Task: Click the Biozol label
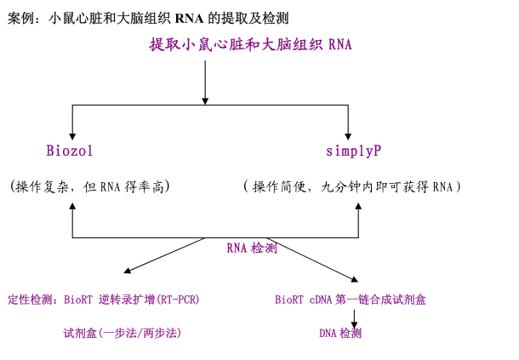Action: coord(70,151)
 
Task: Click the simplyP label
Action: coord(353,151)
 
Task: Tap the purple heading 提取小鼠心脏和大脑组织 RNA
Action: coord(250,44)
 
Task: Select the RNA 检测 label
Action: coord(252,249)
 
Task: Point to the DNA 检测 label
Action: coord(340,333)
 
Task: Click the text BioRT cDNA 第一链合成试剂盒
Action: coord(350,300)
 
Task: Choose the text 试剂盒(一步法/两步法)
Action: coord(123,333)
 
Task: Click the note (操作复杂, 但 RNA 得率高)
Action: coord(87,186)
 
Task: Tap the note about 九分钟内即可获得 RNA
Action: coord(352,186)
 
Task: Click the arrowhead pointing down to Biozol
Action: coord(72,134)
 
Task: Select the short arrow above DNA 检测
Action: coord(354,317)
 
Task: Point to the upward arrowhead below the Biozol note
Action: coord(72,207)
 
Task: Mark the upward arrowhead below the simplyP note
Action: coord(357,207)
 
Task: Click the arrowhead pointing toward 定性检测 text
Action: coord(128,271)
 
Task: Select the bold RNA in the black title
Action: coord(190,18)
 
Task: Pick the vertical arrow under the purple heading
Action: coord(205,81)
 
